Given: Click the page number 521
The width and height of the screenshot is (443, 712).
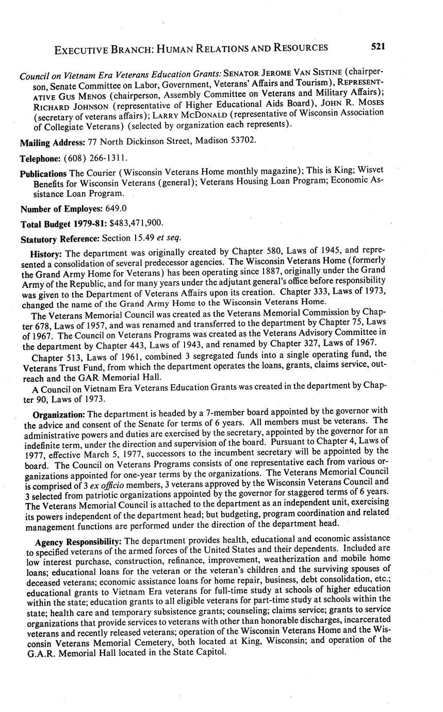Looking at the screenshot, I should [x=378, y=47].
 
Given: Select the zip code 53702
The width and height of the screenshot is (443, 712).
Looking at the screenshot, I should [x=240, y=140].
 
